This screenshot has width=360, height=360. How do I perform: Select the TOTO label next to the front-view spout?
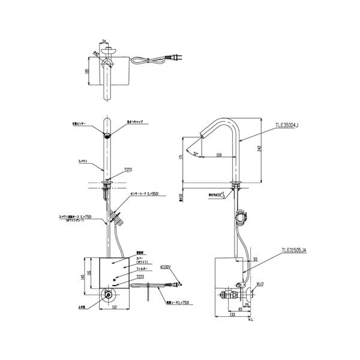click(x=127, y=170)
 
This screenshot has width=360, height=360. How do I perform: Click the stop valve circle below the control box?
click(x=107, y=294)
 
